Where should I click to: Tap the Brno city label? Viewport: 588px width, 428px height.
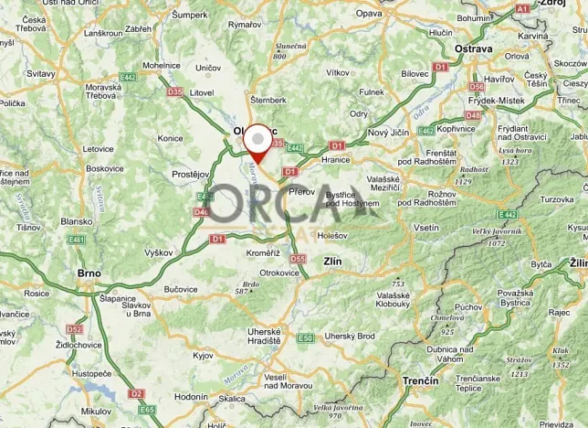88,273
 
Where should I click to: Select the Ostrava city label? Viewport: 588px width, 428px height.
475,48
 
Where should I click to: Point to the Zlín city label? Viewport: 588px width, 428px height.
332,262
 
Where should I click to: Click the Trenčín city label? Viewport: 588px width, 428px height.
420,380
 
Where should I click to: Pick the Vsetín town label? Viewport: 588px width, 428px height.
425,227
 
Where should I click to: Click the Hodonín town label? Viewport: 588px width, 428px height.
192,397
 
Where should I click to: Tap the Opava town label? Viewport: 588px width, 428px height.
368,14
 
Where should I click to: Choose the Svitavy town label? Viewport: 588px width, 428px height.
40,73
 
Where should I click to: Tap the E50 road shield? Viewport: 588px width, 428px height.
305,337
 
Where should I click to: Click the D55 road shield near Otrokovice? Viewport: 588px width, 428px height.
298,260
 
